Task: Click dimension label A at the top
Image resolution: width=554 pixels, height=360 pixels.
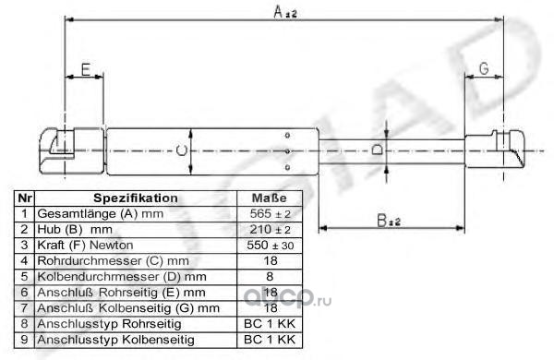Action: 284,12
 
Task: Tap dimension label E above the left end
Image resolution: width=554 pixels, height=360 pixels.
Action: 86,69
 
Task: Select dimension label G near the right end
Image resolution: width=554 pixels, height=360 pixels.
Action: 484,68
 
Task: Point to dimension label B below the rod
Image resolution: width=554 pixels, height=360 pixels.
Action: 389,221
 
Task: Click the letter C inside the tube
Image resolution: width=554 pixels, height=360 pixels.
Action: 181,150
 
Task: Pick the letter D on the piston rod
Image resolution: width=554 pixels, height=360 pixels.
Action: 377,150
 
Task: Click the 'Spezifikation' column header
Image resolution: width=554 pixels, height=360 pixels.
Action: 136,198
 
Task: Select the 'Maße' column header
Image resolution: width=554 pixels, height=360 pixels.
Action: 270,198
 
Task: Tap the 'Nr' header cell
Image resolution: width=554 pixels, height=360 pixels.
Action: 24,198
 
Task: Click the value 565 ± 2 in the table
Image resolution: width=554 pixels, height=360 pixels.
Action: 270,214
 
